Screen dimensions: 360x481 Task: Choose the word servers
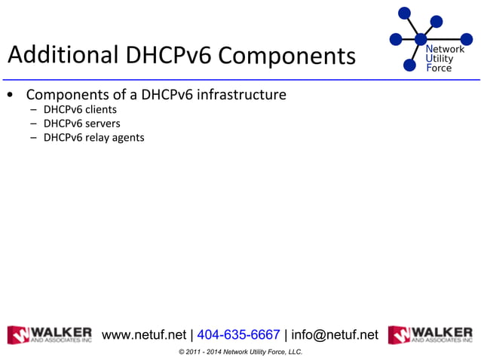103,124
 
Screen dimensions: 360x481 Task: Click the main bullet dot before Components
10,96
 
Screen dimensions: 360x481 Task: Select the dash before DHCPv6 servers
34,124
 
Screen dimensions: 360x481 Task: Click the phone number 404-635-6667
238,334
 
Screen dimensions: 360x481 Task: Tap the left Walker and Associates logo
50,334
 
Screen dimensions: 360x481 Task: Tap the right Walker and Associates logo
430,334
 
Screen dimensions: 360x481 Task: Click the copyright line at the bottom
240,352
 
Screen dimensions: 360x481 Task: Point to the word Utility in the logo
440,59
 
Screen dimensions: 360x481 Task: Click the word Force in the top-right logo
439,68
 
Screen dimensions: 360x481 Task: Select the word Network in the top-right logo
446,50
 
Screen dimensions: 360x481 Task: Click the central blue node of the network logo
420,39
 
